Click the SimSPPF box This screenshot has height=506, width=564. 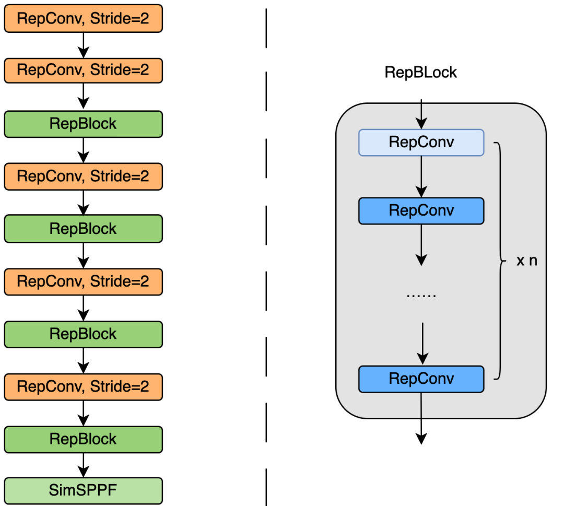(x=84, y=491)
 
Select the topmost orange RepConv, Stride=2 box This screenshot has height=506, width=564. (x=84, y=19)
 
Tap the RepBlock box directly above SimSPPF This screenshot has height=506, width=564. (x=84, y=439)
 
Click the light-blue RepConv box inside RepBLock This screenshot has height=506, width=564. (x=421, y=143)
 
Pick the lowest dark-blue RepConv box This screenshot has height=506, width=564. (x=421, y=379)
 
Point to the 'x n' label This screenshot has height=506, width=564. (x=526, y=261)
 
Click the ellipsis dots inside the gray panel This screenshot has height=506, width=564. (x=421, y=295)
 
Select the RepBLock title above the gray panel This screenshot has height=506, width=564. (x=420, y=72)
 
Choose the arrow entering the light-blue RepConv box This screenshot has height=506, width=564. (x=421, y=114)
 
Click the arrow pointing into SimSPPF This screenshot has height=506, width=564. (x=83, y=465)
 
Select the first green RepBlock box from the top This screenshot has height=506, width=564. (x=84, y=124)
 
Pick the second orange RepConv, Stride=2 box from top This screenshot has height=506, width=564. (x=84, y=70)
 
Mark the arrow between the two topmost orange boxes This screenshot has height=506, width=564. (x=83, y=45)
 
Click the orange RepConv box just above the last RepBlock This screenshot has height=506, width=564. (x=84, y=386)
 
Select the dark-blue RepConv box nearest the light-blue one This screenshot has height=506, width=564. (x=421, y=210)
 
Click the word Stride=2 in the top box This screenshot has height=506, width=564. (x=120, y=19)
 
